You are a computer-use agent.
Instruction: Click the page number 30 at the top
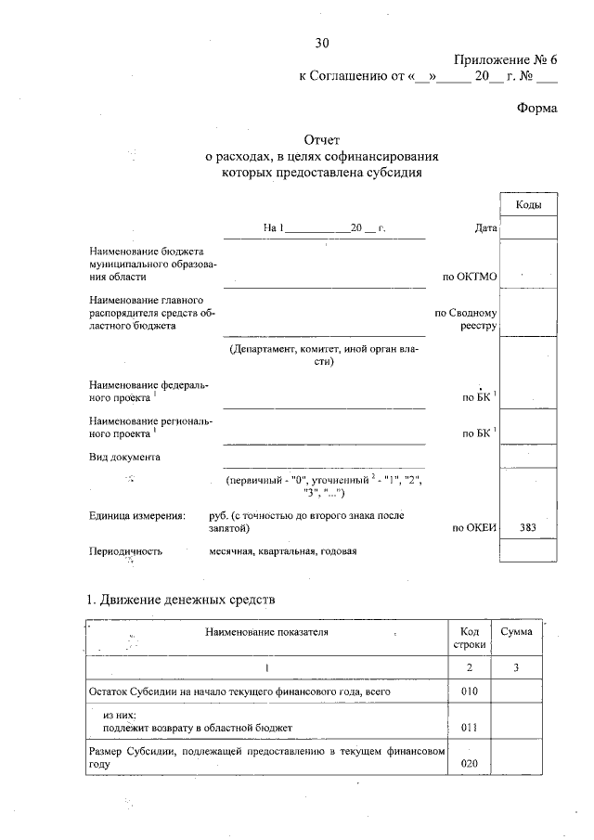[x=322, y=43]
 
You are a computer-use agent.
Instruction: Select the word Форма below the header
[x=536, y=108]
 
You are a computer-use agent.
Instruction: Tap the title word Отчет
[x=322, y=140]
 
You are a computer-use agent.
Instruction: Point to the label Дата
[x=484, y=227]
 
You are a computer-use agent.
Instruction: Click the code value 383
[x=528, y=528]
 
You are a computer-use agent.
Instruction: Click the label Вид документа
[x=124, y=457]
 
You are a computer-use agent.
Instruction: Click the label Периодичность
[x=125, y=550]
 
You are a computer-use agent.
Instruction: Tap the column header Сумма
[x=515, y=632]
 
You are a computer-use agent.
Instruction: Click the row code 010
[x=469, y=691]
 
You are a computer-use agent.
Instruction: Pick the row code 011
[x=469, y=728]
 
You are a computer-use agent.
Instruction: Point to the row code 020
[x=469, y=763]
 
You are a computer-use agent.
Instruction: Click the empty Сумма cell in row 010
[x=515, y=691]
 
